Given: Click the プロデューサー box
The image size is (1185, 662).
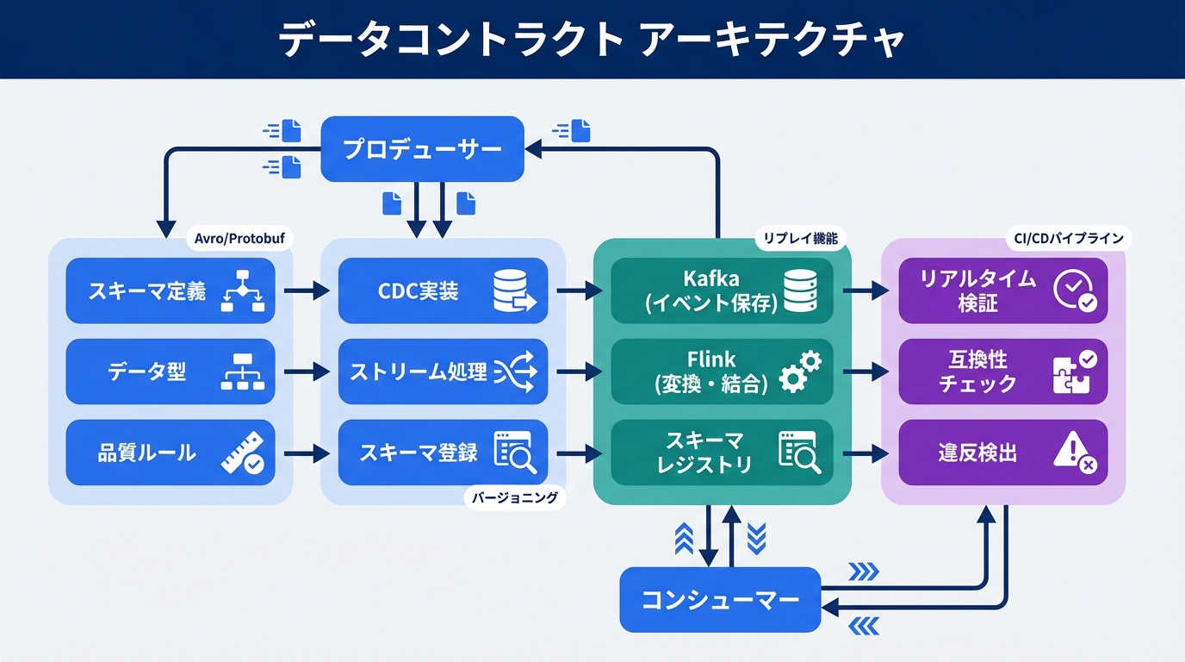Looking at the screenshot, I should coord(422,149).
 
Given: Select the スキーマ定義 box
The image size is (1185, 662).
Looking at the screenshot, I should coord(170,291).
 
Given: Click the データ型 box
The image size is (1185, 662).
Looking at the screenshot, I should coord(170,372).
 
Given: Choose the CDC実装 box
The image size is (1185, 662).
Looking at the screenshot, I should coord(443,291).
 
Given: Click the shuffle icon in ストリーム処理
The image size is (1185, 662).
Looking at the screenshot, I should coord(515,372).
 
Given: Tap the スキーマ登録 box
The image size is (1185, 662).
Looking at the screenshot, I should coord(443,453).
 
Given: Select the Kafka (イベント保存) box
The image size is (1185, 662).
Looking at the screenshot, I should coord(722,291).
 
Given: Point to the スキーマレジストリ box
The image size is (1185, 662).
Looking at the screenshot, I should coord(722,453).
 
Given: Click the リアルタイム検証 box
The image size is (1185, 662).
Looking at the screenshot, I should coord(1002,291).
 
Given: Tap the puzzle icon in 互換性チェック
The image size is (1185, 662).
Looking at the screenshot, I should coord(1074,372).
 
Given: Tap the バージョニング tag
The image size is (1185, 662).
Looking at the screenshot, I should coord(515,497).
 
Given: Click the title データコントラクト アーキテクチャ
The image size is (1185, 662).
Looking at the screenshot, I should coord(592,41).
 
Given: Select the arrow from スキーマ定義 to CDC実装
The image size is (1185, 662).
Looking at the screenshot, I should coord(306,291).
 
